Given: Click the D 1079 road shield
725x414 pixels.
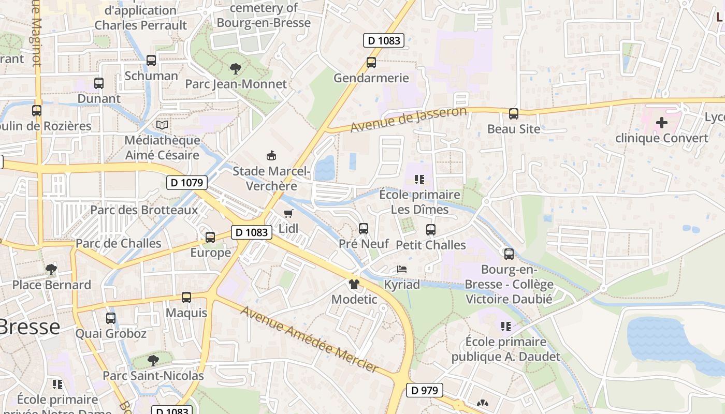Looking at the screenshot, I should point(187,183).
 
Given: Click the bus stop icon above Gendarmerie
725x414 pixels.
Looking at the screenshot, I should point(371,63).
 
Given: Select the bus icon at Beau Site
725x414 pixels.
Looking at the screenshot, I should point(514,113).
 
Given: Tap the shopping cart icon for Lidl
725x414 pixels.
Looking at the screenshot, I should point(288,213).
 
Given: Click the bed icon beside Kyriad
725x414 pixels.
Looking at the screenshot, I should point(402,269).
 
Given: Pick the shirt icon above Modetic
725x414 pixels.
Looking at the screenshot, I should point(354,284).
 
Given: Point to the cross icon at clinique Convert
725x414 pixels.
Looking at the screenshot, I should point(661,123).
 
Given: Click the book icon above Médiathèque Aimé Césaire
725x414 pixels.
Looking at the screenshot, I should point(162,125).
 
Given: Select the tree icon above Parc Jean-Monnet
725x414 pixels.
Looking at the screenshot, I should point(235,68).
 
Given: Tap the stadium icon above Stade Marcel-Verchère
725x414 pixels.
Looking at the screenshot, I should point(271,155).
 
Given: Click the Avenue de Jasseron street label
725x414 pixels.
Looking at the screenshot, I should point(409,120).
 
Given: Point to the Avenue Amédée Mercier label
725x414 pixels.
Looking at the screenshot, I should point(310,339).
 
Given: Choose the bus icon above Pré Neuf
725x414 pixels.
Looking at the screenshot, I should point(364,228).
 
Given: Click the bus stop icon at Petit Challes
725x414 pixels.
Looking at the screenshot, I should point(431,230).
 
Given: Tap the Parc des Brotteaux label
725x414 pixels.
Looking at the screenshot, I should point(144,210).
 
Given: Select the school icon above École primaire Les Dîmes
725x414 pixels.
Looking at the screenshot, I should point(419,180).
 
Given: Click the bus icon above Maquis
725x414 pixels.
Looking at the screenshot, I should point(186,298).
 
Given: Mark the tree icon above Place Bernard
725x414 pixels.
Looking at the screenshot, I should point(51,269).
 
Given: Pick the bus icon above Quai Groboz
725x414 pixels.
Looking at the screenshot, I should point(111,318).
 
